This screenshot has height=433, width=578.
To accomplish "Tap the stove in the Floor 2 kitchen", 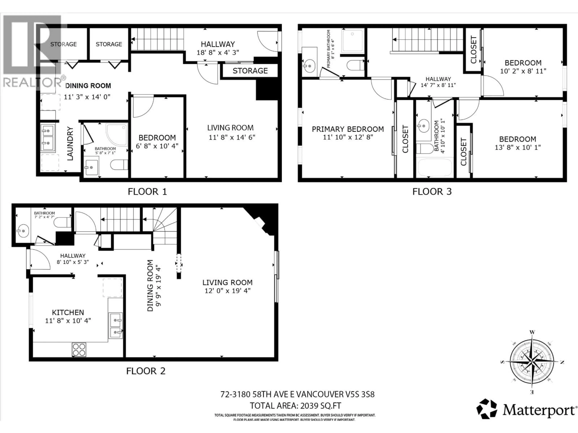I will pos(79,349).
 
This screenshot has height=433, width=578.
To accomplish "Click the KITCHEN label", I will pos(68,312).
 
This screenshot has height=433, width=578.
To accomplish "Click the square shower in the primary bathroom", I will pos(353,40).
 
